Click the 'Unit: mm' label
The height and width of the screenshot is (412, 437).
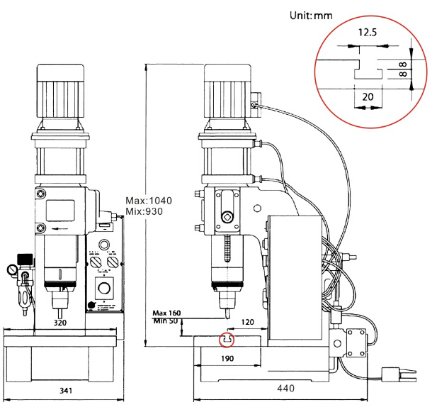(311, 15)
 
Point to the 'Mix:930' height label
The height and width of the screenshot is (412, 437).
(144, 211)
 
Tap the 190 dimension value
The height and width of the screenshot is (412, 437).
(226, 359)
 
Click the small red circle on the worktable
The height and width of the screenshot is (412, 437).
(227, 340)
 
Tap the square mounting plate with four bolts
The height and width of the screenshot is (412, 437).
(354, 345)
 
